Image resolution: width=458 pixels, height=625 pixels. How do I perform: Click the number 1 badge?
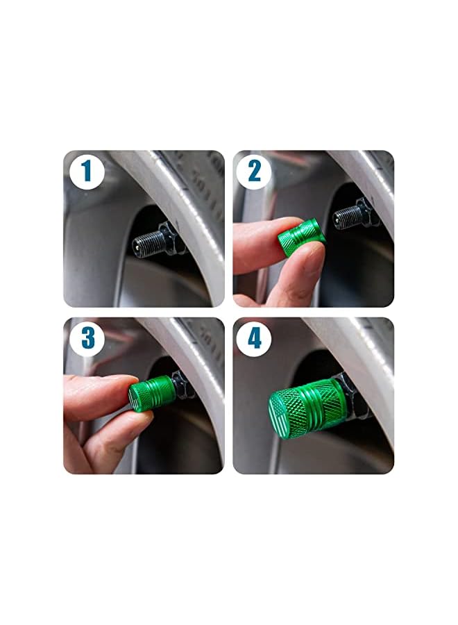coord(86,171)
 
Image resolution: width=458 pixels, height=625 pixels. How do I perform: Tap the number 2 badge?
coord(254,171)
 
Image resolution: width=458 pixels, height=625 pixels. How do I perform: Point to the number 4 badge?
coord(254,337)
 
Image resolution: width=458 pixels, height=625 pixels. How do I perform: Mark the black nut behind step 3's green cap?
coord(181,385)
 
